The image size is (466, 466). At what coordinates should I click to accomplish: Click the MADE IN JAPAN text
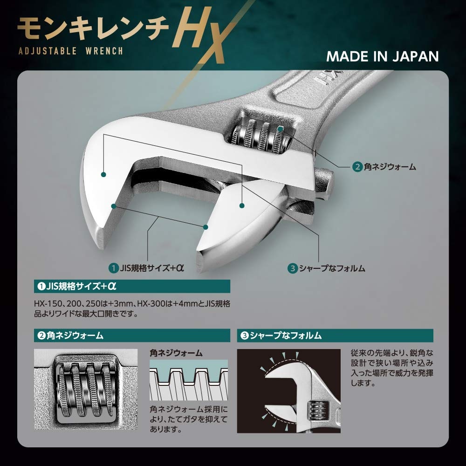click(382, 56)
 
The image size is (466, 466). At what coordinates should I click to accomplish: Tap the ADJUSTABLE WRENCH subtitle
click(70, 51)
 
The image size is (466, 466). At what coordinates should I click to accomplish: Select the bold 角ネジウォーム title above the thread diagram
click(176, 353)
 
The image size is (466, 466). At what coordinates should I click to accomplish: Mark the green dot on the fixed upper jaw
click(103, 175)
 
